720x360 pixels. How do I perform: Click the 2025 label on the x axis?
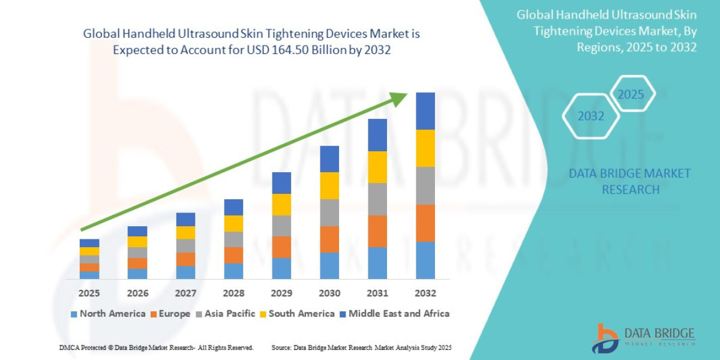pos(89,293)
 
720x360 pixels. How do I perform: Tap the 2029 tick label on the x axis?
pos(281,293)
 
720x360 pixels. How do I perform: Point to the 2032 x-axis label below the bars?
pos(425,293)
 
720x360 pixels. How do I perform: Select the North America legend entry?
pos(108,313)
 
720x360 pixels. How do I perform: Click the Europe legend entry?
pos(170,313)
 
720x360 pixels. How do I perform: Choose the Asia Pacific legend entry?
pos(225,313)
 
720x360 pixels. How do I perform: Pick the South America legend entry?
pos(297,313)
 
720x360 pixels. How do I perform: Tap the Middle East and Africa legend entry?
pos(394,313)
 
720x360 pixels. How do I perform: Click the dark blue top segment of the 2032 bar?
pos(425,111)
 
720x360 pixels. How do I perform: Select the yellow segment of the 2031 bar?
pos(377,167)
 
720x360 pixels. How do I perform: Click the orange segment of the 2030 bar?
pos(329,239)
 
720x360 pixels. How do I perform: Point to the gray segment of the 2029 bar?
pos(281,226)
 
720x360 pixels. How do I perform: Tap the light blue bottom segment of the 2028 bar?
pos(233,271)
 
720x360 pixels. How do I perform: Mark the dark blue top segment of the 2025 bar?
pos(89,243)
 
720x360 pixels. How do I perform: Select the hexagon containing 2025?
pos(631,94)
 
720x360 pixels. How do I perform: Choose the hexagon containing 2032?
pos(591,116)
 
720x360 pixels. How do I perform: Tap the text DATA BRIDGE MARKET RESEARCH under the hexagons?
pos(629,181)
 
